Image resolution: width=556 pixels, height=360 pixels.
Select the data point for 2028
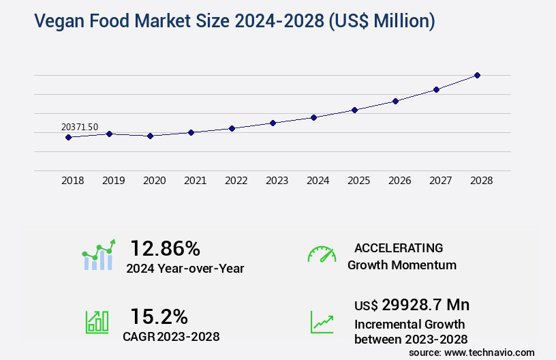477,75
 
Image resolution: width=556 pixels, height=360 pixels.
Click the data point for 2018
68,137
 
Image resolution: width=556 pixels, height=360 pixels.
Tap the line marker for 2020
150,136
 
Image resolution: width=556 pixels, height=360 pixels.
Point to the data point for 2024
313,117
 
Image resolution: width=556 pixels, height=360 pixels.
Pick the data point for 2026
395,101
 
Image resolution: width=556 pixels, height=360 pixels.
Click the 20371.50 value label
80,127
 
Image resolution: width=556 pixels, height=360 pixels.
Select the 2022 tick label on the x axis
236,181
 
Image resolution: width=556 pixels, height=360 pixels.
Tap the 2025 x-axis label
358,181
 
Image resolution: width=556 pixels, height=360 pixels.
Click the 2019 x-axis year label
113,181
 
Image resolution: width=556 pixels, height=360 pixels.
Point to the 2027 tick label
440,181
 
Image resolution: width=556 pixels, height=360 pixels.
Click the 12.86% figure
166,248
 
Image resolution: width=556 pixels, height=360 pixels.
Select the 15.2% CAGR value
159,316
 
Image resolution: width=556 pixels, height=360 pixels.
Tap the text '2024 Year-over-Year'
185,269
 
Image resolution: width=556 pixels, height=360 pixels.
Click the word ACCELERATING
399,247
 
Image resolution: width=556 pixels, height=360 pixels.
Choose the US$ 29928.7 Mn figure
412,305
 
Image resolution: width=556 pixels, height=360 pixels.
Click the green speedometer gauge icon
322,254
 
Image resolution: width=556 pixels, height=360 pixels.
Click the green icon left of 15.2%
96,322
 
